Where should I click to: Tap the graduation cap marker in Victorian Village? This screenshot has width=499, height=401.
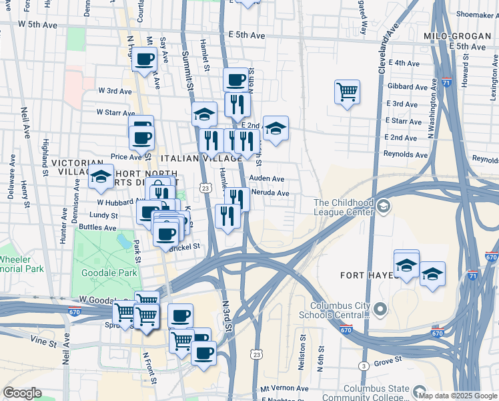101,178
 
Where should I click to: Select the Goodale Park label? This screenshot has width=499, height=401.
109,273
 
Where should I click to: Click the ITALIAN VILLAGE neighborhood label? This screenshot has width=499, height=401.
201,158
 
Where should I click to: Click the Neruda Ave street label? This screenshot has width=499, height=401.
270,193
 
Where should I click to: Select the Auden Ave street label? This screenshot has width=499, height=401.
267,179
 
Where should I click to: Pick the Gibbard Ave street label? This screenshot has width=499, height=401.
408,87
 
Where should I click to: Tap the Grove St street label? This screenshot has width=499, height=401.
388,360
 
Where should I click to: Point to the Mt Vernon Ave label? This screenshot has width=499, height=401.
284,388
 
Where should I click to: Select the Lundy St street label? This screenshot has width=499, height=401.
103,215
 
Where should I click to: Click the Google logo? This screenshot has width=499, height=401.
22,393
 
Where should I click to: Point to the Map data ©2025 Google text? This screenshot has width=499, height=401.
457,396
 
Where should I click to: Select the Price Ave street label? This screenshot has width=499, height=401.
127,157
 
